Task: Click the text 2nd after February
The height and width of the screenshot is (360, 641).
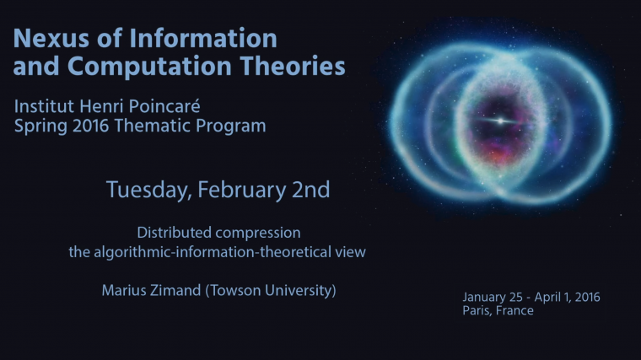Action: point(307,190)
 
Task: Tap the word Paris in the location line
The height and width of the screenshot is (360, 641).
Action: point(479,311)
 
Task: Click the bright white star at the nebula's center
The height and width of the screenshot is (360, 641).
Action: point(503,121)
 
